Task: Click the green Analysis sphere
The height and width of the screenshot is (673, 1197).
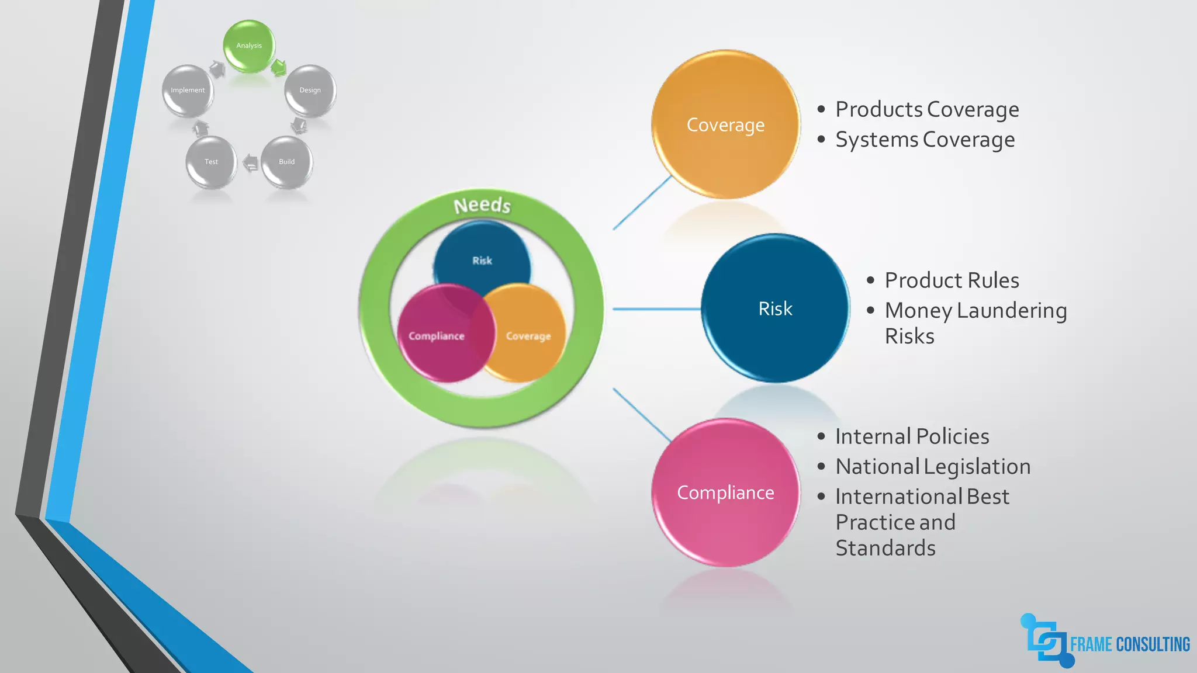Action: tap(249, 46)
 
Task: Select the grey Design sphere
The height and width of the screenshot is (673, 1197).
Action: tap(310, 91)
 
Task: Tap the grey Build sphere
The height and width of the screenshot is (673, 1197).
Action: tap(286, 162)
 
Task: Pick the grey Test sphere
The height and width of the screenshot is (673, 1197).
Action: tap(211, 162)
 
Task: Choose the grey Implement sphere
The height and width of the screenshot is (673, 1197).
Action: tap(188, 91)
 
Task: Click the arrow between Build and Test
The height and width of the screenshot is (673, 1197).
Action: tap(250, 162)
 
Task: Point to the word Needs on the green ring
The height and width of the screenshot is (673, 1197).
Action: tap(482, 205)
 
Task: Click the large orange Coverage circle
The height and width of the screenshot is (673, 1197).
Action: tap(725, 124)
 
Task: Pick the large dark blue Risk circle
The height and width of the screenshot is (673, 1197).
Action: tap(775, 308)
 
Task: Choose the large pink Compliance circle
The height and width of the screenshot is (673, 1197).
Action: tap(725, 492)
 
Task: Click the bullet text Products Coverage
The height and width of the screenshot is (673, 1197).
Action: tap(927, 109)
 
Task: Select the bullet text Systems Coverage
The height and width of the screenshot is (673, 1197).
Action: tap(925, 140)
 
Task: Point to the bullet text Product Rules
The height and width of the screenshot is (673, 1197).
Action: tap(952, 280)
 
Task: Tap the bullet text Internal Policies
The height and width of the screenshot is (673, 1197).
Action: tap(912, 436)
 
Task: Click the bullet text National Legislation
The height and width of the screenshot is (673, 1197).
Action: tap(933, 467)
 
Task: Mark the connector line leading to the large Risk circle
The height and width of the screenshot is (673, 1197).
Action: tap(656, 308)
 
